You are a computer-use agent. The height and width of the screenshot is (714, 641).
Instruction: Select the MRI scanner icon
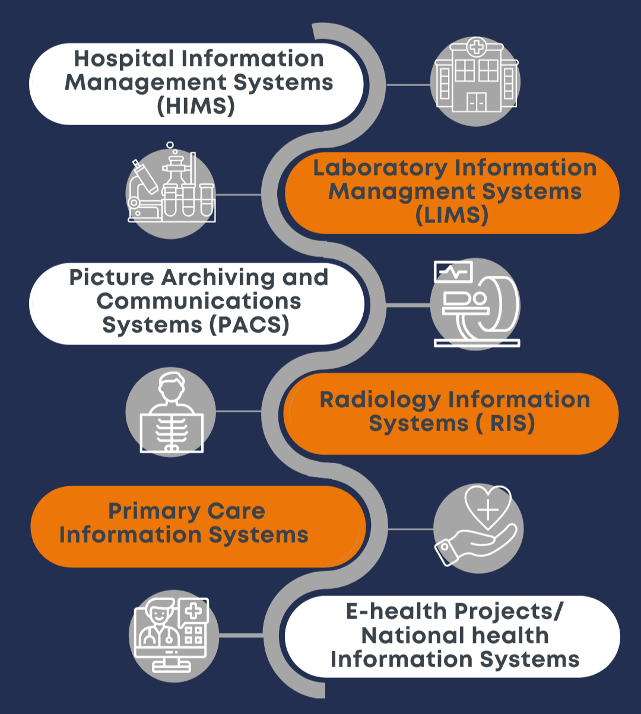pos(476,304)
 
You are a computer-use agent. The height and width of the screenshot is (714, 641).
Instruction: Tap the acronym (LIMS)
pos(452,215)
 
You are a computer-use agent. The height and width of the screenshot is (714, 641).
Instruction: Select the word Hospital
pos(124,59)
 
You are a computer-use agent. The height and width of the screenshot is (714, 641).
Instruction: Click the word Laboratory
pos(380,168)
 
